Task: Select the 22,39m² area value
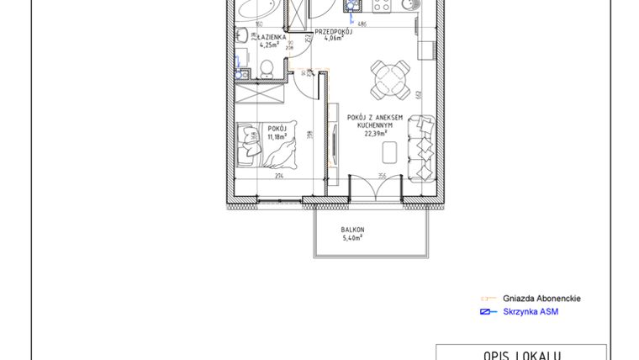coord(375,133)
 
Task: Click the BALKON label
coord(352,230)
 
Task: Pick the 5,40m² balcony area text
coord(352,238)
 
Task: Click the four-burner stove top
coord(381,6)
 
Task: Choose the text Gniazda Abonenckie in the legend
coord(541,299)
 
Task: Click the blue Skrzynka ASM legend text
coord(531,312)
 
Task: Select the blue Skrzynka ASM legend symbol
coord(486,312)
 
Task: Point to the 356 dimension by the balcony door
coord(381,176)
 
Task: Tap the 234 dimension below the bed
coord(278,176)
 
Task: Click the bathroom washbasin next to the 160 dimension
coord(240,36)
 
